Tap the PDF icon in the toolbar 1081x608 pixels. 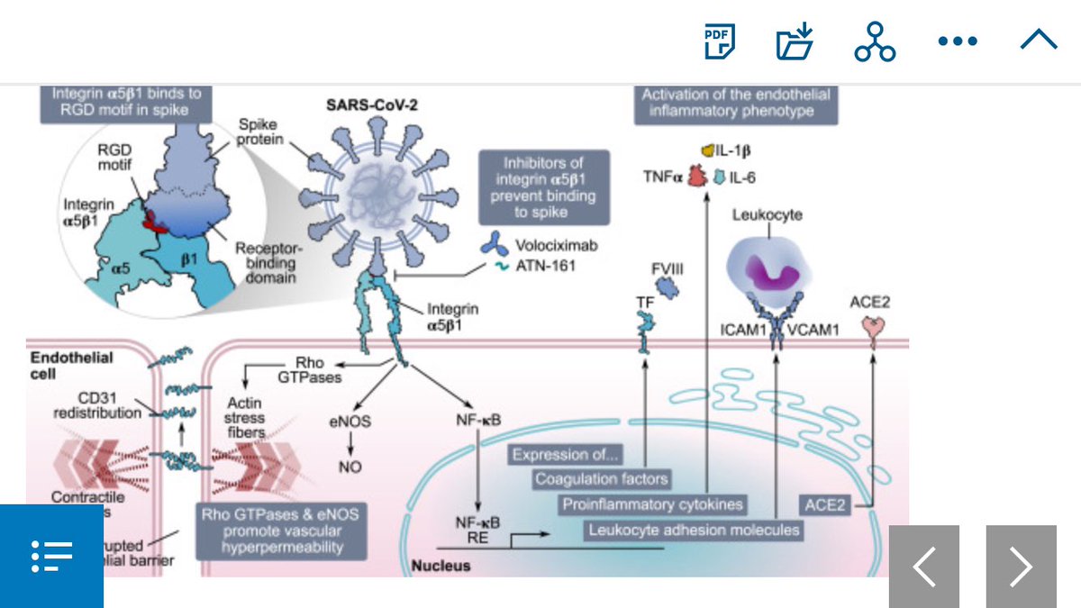point(719,41)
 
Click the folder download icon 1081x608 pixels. point(795,41)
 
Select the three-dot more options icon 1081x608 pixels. point(957,41)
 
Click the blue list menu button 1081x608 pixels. point(51,556)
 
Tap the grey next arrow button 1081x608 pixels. point(1021,567)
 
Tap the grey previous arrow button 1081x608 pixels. point(924,567)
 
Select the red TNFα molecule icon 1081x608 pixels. point(696,177)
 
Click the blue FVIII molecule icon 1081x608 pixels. point(668,286)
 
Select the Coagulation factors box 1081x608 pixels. point(602,479)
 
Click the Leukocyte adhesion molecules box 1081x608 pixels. point(693,530)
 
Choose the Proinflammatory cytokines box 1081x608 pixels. point(653,504)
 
